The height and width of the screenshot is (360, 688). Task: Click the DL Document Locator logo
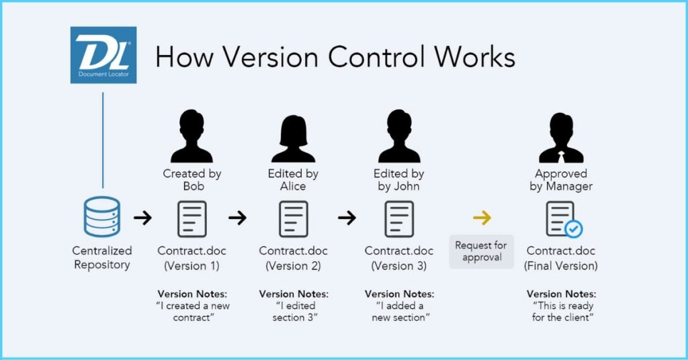(103, 55)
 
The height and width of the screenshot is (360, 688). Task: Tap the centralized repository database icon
(102, 217)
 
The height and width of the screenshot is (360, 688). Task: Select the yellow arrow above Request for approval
(482, 218)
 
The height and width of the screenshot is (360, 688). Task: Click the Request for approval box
(481, 251)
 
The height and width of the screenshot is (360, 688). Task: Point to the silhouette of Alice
(293, 139)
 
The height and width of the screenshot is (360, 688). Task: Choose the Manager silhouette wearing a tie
(561, 138)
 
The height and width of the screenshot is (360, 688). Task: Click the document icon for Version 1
(191, 219)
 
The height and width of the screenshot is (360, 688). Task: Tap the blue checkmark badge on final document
(573, 228)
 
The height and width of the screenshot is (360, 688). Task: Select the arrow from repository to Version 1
(142, 218)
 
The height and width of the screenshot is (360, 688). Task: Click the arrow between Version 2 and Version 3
(347, 218)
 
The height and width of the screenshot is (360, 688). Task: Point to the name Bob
(193, 186)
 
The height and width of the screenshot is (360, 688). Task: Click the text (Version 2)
(293, 266)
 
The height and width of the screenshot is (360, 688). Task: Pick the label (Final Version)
(561, 266)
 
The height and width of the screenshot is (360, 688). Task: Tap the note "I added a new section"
(399, 312)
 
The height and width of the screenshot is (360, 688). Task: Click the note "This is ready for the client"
(562, 312)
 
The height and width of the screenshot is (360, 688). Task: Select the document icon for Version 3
(399, 219)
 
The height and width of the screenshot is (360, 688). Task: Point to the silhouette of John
(399, 136)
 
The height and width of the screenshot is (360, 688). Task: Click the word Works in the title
(475, 57)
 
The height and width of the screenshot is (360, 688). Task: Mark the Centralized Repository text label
(102, 257)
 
